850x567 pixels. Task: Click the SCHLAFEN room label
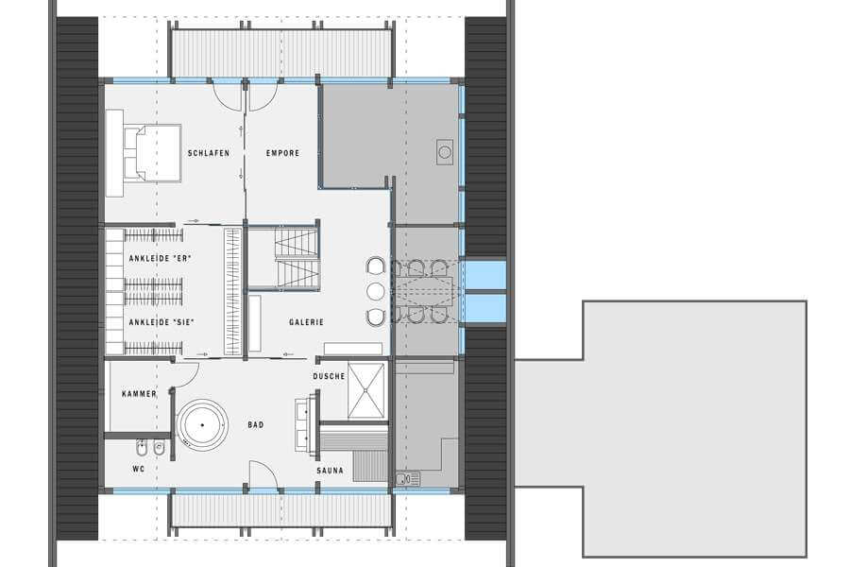point(209,153)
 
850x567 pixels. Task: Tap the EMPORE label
point(282,153)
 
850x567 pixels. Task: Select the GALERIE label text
point(306,322)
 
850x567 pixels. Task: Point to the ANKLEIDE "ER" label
point(160,259)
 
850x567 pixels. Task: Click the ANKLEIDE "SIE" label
point(161,322)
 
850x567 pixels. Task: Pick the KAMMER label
point(140,394)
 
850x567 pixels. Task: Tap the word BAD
point(256,425)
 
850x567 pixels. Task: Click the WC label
point(139,469)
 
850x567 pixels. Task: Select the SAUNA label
point(331,471)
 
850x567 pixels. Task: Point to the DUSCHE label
point(329,376)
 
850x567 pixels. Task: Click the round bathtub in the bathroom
point(202,425)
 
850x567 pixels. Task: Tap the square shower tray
point(366,391)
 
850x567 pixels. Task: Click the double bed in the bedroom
point(152,152)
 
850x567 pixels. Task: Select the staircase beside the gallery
point(297,257)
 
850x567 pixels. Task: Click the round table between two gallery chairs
point(375,291)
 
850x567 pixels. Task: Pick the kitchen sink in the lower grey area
point(408,479)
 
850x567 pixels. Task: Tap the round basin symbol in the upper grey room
point(445,152)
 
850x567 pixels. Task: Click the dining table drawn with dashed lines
point(423,292)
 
